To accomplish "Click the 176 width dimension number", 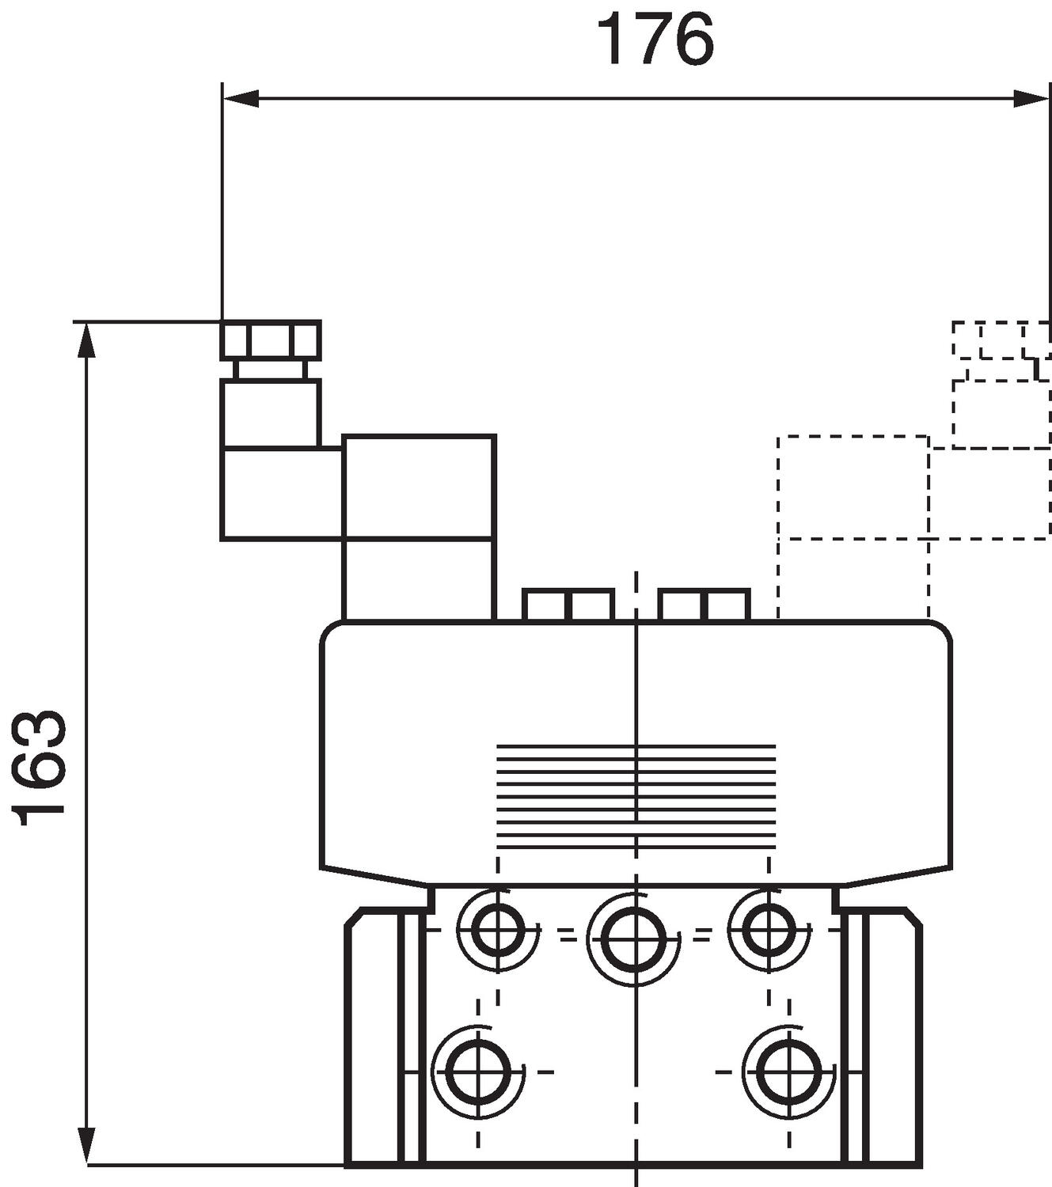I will tap(655, 40).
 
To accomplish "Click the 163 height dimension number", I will tap(40, 767).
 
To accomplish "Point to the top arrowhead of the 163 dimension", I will tap(85, 340).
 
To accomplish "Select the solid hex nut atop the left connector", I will tap(271, 340).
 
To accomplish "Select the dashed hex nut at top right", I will tap(1001, 341).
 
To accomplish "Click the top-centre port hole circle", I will tap(633, 936).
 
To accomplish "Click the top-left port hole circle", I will tap(498, 927).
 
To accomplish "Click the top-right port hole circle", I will tap(768, 927).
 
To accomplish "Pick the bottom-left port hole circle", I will tap(478, 1071).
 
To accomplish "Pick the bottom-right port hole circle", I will tap(788, 1071).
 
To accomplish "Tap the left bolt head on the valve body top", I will tap(568, 605).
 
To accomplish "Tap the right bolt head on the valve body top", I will tap(704, 605).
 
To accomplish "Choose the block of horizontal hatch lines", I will tap(635, 796).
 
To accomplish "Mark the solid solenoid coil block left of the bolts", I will tap(419, 526).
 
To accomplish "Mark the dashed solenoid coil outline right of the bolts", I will tap(853, 526).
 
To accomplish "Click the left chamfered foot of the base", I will tap(374, 1037).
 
